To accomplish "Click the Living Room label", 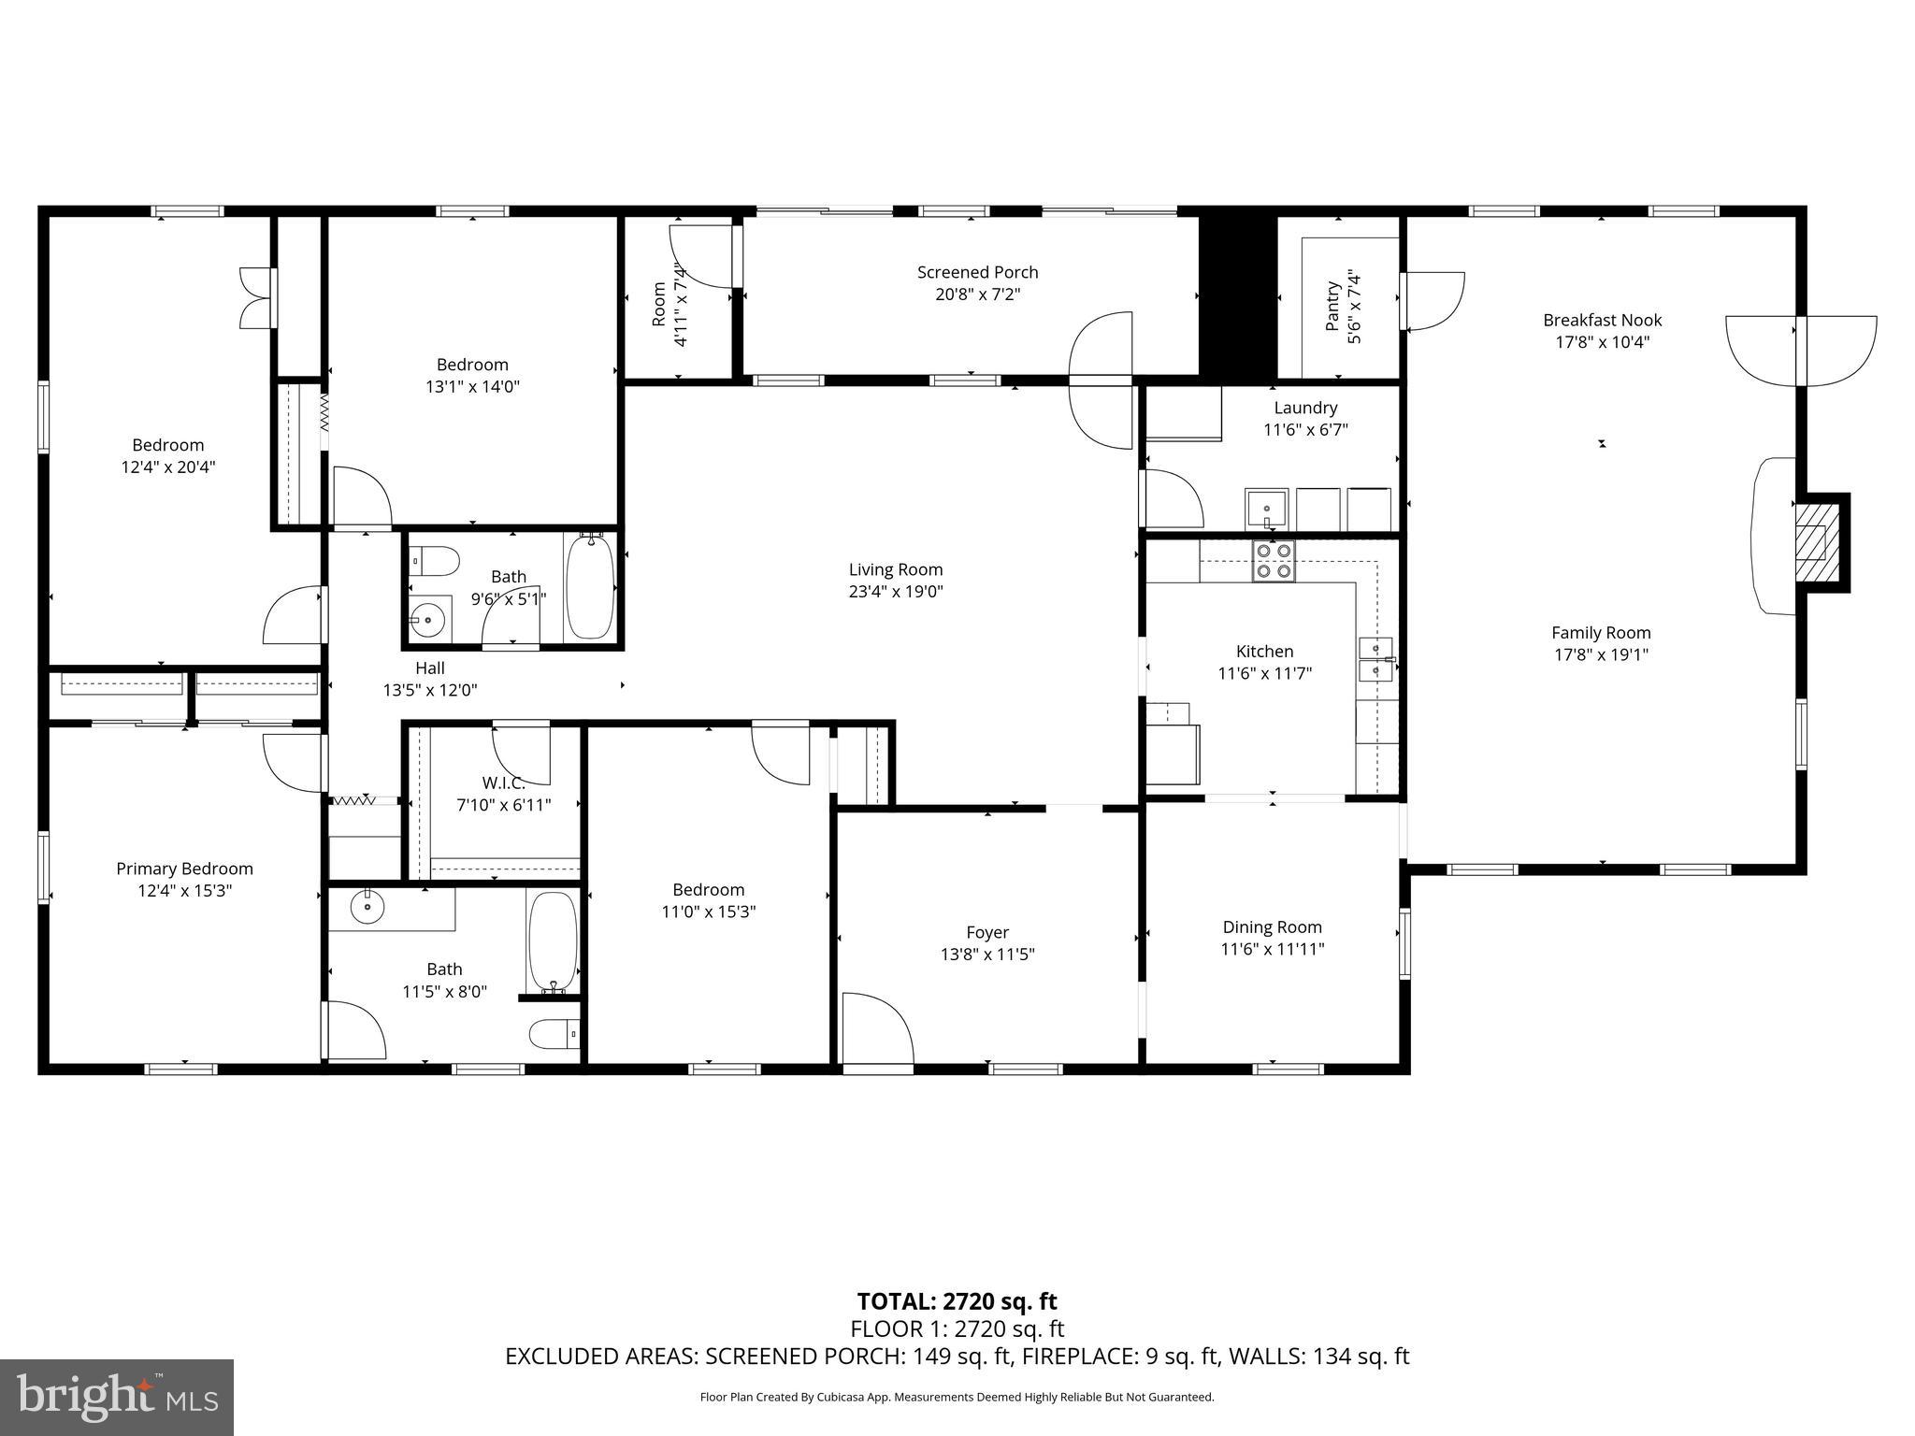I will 895,569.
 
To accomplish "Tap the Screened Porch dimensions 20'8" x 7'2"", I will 977,294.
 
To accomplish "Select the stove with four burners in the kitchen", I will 1274,562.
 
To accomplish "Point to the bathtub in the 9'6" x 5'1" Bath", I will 589,588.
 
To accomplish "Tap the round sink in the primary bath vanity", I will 367,906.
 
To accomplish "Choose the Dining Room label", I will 1272,926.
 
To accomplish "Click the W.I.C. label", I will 503,783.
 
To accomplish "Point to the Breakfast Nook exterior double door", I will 1801,351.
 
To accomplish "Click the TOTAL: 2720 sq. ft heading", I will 957,1301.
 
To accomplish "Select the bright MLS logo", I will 116,1397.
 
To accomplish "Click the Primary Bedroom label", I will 184,869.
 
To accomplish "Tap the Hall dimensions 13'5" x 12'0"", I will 429,690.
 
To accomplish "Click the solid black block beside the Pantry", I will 1237,294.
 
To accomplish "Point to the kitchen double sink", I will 1375,658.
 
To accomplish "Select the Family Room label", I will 1601,633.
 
